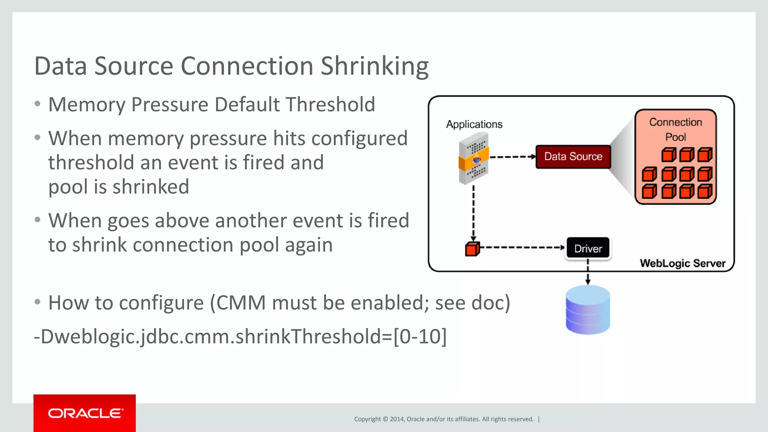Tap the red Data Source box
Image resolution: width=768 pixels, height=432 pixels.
(x=573, y=157)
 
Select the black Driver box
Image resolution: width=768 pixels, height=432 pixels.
(x=588, y=248)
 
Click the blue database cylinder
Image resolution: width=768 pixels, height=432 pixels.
(x=588, y=310)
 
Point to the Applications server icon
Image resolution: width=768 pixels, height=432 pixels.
(x=474, y=159)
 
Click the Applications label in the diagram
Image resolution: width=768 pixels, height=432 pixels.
(x=474, y=124)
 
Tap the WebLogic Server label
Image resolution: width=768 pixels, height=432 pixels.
(x=682, y=263)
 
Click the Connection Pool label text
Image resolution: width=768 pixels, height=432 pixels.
(x=675, y=129)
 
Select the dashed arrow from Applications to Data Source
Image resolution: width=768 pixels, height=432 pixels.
(x=512, y=157)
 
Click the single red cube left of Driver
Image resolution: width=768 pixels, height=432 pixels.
(x=472, y=249)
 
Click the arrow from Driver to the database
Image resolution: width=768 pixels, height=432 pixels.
(x=588, y=273)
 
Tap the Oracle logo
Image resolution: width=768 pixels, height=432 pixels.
(x=85, y=413)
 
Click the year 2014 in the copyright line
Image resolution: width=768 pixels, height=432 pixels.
(x=397, y=419)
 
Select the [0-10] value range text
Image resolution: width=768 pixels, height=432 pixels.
(x=420, y=336)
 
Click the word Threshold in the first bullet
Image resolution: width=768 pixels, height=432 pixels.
(x=330, y=105)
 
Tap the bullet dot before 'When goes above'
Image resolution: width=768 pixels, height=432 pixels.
(x=37, y=220)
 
